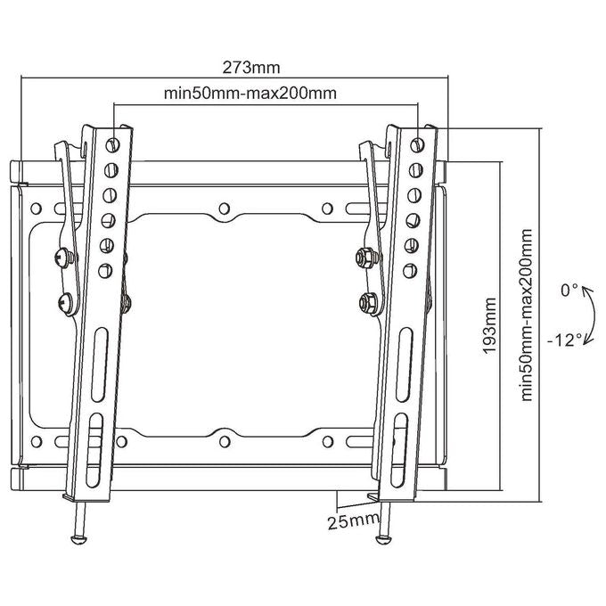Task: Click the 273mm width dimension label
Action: coord(250,68)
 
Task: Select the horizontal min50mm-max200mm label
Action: coord(250,94)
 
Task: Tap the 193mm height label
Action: coord(489,325)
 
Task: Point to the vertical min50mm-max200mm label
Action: coord(527,315)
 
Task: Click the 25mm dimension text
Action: coord(353,522)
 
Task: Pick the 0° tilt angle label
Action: coord(569,291)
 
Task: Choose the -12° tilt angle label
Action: coord(564,340)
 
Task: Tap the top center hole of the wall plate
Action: coord(225,209)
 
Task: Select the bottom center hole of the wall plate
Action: coord(225,441)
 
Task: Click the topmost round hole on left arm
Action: coord(112,145)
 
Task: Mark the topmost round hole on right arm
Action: coord(417,145)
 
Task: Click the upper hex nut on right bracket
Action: coord(365,257)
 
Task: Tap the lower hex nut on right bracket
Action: coord(368,302)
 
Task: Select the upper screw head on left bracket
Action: coord(63,257)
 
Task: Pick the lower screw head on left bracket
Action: coord(66,303)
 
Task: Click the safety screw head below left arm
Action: coord(78,539)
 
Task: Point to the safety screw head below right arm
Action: coord(384,539)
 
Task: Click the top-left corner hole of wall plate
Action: coord(36,209)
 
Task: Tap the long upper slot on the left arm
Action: coord(99,364)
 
